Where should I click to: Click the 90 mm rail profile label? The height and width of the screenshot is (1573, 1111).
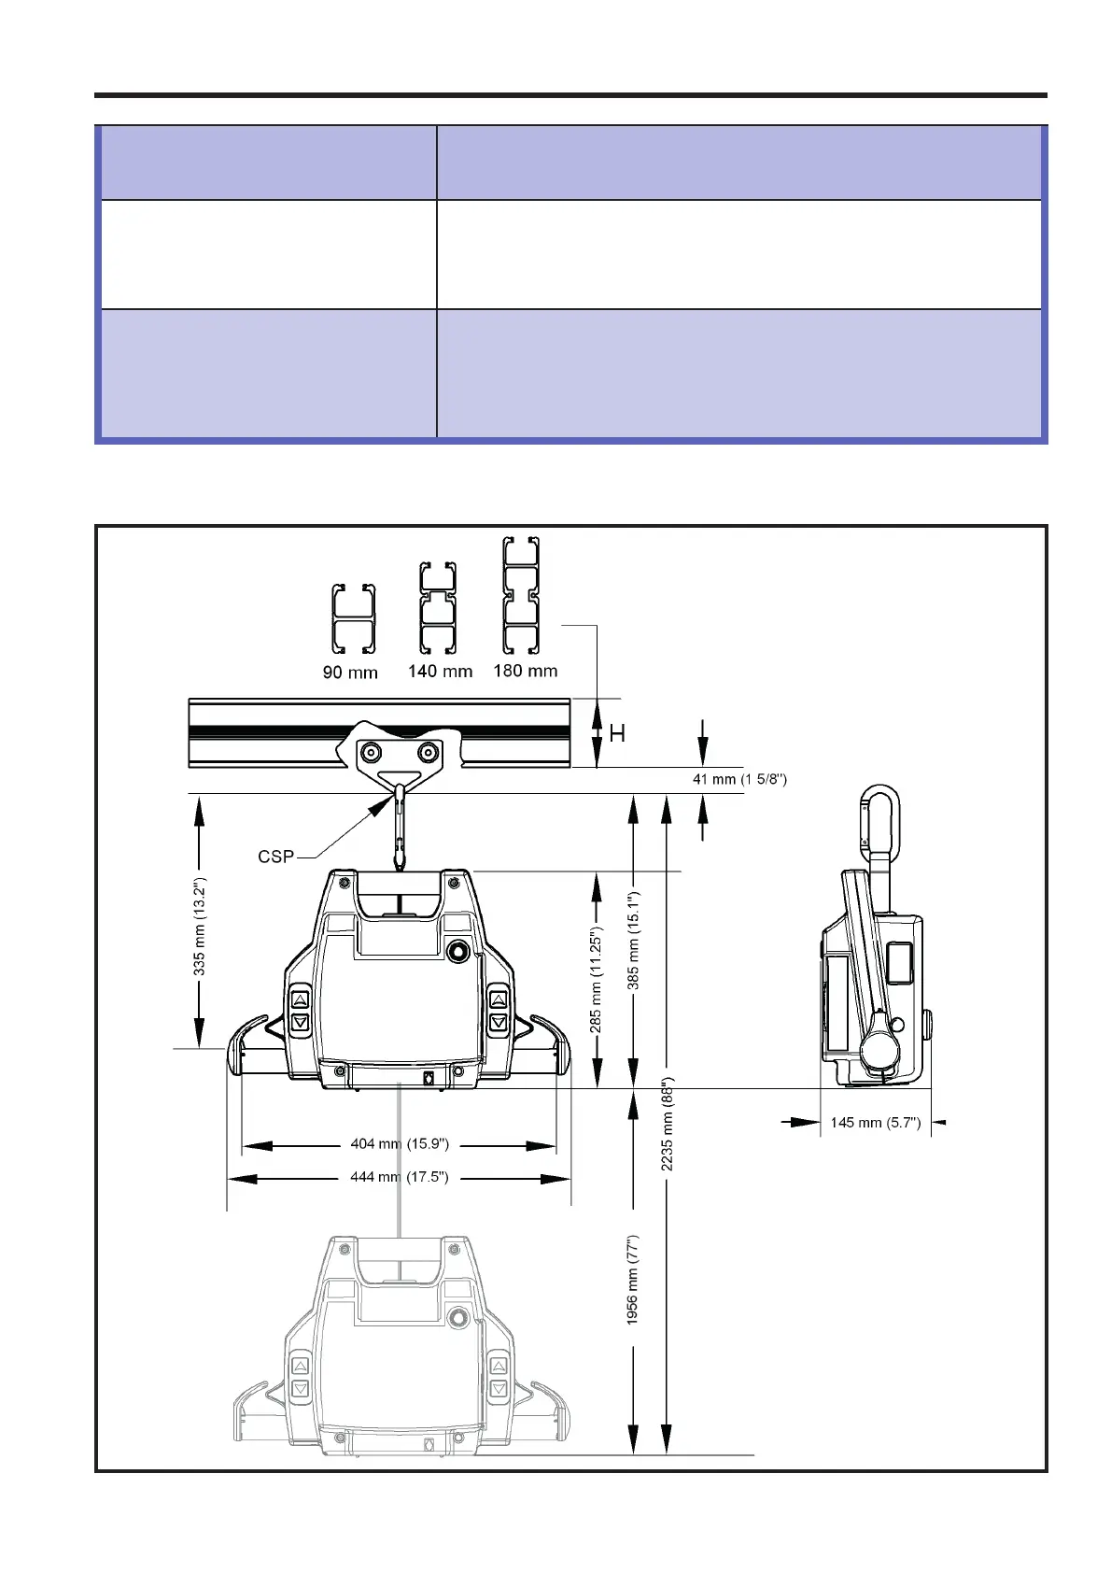tap(349, 672)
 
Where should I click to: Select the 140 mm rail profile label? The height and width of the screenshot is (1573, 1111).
tap(440, 671)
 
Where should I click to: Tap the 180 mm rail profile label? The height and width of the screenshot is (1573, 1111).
tap(525, 670)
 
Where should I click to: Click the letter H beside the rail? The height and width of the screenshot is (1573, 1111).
tap(617, 734)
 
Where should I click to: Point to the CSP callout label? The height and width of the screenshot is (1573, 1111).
tap(275, 857)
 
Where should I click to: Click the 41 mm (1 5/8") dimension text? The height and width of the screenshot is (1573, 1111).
tap(739, 779)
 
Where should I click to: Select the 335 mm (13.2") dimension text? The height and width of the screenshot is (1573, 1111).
tap(199, 927)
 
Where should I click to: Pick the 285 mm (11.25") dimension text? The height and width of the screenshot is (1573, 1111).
tap(595, 980)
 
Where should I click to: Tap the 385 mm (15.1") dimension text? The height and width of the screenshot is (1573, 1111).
tap(632, 941)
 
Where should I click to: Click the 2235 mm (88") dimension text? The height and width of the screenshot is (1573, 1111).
tap(667, 1125)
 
